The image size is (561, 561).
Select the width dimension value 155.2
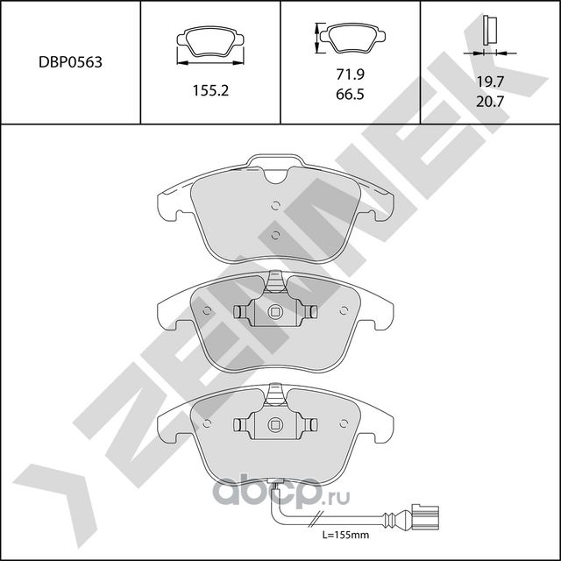[210, 89]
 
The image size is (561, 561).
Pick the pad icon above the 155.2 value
[209, 42]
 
